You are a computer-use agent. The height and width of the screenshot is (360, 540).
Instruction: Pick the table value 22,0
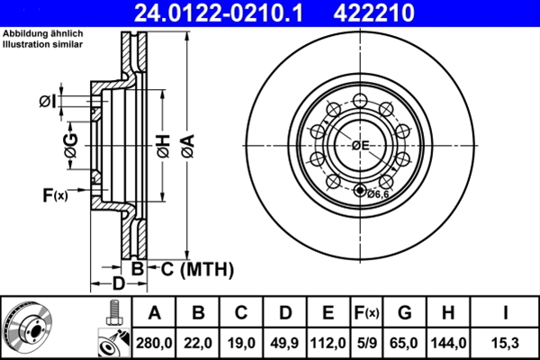click(x=199, y=343)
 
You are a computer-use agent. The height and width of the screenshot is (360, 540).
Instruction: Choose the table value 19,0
click(x=241, y=343)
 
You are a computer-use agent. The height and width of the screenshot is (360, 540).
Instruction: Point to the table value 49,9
click(x=284, y=343)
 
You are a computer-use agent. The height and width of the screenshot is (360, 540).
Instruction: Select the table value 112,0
click(x=328, y=343)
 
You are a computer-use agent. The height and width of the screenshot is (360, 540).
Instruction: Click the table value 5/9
click(x=365, y=343)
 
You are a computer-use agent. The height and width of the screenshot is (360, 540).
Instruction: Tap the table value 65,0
click(x=404, y=343)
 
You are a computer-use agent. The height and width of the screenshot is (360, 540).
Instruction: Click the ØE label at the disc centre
click(x=361, y=146)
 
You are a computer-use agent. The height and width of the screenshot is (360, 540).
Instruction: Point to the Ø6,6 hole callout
click(x=379, y=193)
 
